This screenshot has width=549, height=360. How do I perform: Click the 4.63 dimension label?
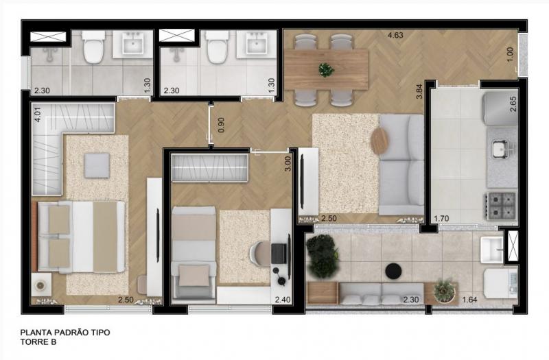click(x=395, y=35)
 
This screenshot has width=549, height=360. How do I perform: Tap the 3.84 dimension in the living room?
click(x=419, y=92)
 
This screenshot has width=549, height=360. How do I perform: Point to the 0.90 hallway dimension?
click(x=221, y=125)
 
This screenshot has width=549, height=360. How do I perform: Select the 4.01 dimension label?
click(x=38, y=114)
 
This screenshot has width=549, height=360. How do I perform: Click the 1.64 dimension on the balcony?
click(x=469, y=300)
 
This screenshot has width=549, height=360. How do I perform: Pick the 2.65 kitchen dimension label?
click(x=513, y=104)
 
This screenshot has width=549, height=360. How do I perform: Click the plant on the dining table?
click(x=327, y=70)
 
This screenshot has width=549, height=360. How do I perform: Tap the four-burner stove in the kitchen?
click(x=500, y=206)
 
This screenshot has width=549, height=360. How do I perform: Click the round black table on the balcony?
click(x=393, y=271)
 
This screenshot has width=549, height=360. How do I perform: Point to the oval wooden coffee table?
click(x=379, y=141)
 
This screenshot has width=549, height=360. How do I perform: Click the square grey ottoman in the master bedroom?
click(x=97, y=165)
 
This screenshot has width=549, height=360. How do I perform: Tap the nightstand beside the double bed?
click(x=41, y=285)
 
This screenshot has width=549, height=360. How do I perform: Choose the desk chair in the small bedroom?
click(x=260, y=254)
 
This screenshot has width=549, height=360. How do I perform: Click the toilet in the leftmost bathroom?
click(x=93, y=47)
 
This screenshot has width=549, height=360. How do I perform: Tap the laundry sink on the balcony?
click(x=492, y=250)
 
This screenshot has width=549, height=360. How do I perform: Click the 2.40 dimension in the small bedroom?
click(x=283, y=300)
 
